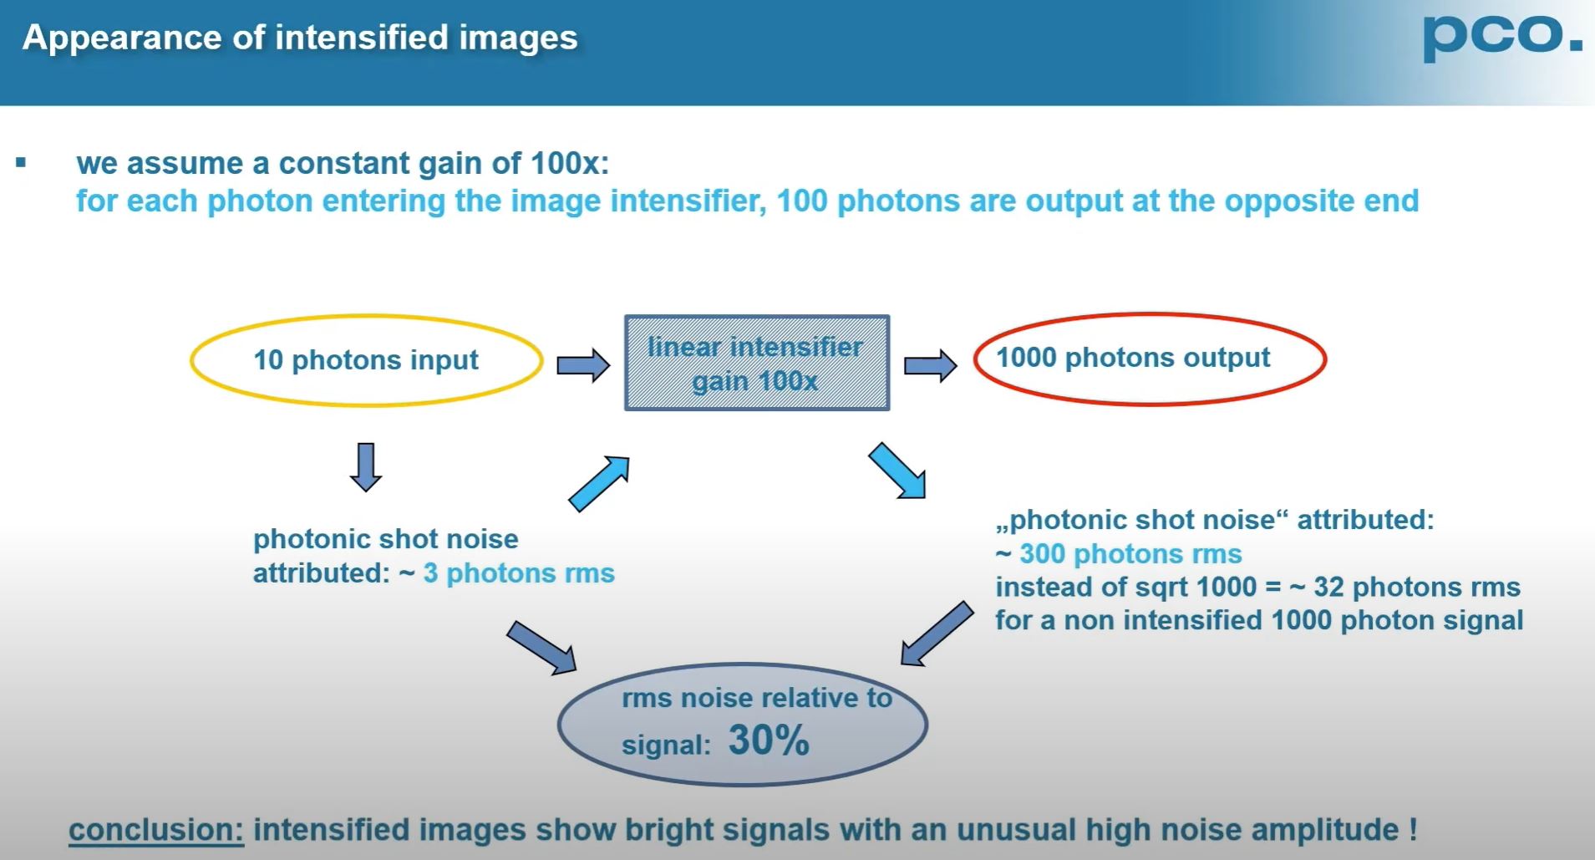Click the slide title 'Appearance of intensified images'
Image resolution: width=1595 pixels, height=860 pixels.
(300, 38)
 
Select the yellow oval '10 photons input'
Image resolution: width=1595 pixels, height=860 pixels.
(366, 360)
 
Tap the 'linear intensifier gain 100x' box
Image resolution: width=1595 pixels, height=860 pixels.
(757, 364)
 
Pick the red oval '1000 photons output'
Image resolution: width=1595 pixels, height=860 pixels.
(1150, 359)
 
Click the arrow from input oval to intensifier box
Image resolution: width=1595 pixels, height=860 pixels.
(583, 365)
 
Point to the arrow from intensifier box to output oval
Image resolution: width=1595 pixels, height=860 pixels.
(930, 365)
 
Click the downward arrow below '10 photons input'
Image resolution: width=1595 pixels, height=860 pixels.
(366, 466)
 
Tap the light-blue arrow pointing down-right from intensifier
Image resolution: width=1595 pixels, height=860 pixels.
(897, 471)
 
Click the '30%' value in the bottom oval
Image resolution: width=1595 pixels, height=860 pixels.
(769, 740)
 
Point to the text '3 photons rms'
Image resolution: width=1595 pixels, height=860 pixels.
(519, 573)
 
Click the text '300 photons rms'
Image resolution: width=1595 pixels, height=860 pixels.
(1130, 554)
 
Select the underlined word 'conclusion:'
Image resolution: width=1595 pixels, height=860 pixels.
(155, 830)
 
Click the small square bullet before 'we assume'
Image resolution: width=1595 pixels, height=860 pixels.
(21, 163)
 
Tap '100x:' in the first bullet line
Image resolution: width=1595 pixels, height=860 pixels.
(570, 163)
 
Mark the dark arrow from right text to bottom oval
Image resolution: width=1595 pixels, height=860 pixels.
(937, 634)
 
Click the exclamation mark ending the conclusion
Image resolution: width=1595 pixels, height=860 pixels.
(1413, 830)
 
